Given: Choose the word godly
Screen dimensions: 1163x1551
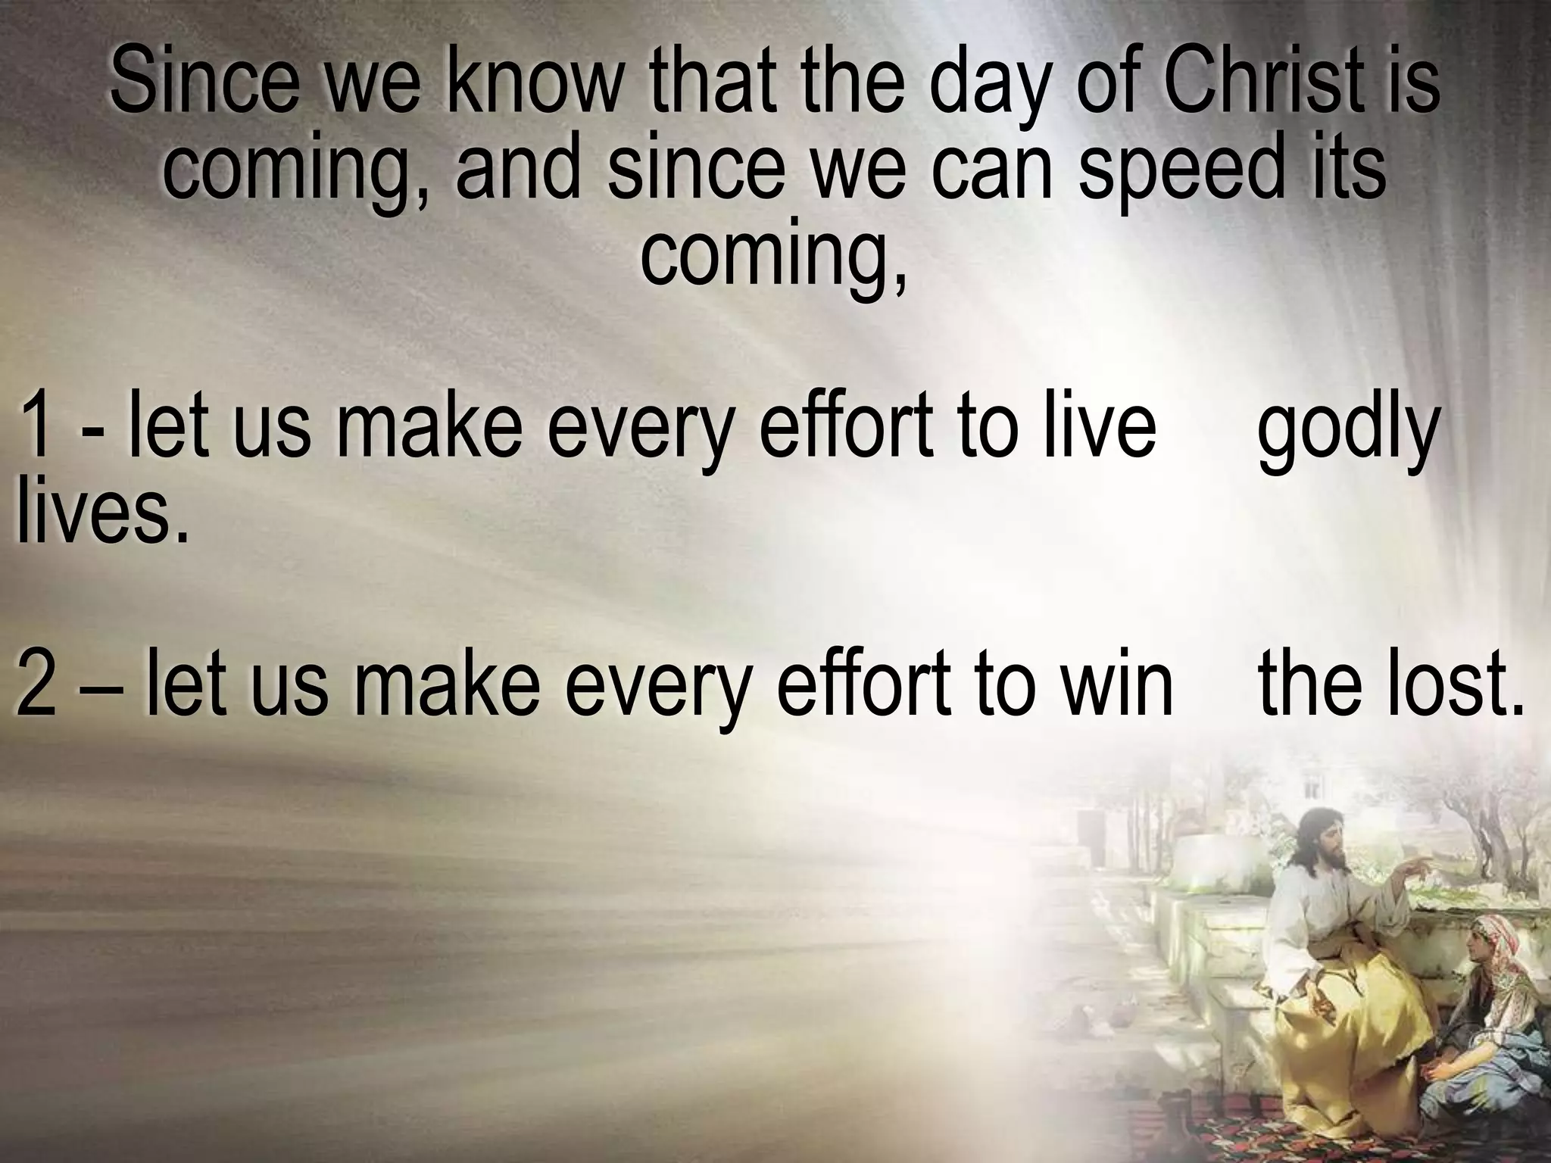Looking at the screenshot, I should [x=1347, y=433].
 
